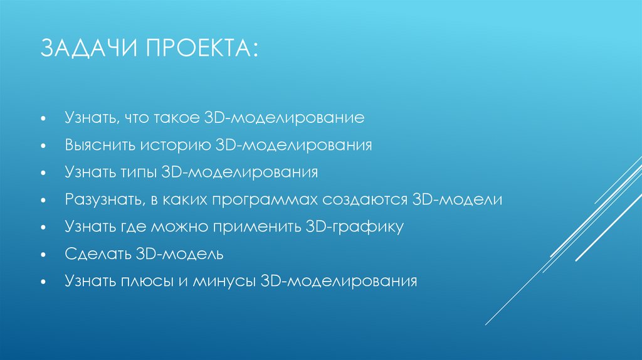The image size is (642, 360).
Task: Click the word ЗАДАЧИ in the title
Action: point(89,49)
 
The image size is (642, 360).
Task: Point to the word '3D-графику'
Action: point(354,226)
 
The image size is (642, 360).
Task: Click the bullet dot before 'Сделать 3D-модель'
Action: point(43,255)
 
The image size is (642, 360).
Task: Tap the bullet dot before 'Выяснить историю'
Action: point(43,146)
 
